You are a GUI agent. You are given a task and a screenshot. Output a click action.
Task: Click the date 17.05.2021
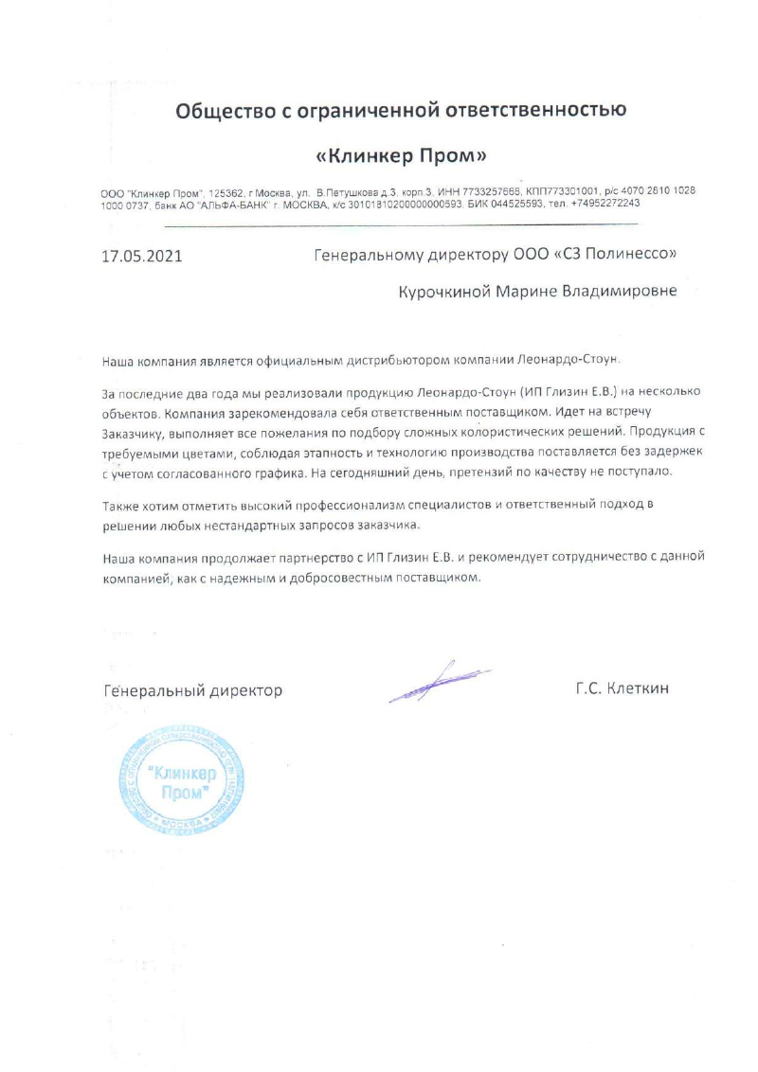pos(141,256)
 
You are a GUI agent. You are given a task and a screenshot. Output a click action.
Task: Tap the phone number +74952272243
pos(599,203)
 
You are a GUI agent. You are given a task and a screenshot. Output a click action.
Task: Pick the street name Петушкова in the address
pos(353,191)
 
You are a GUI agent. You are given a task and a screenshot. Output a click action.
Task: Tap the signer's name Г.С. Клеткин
pos(622,688)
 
